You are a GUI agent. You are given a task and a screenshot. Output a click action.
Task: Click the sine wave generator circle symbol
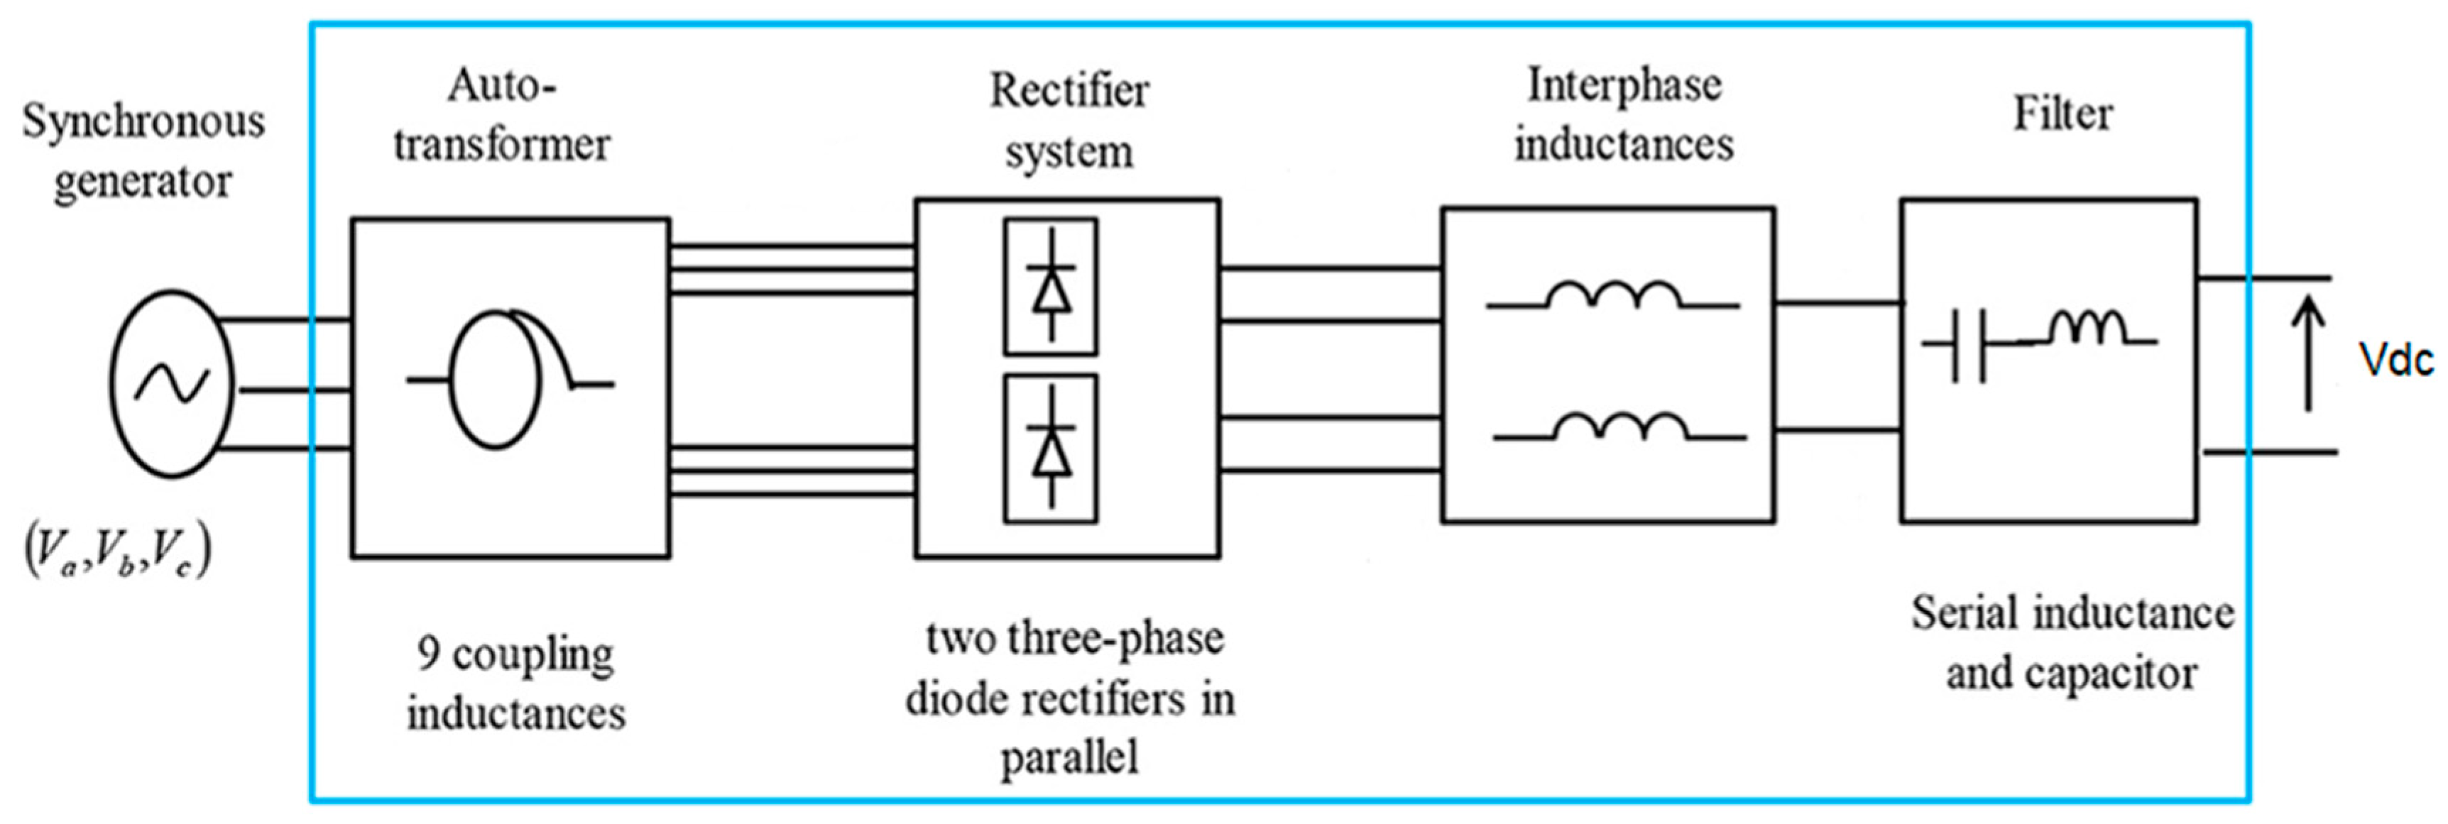(172, 384)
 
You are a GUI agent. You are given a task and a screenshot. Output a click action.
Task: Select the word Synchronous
(143, 121)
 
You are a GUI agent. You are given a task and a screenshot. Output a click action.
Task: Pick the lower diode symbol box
(1050, 449)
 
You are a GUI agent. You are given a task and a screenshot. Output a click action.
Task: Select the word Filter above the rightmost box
(2063, 115)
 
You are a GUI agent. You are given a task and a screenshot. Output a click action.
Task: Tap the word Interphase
(1624, 87)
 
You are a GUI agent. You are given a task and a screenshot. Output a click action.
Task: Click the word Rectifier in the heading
(1069, 92)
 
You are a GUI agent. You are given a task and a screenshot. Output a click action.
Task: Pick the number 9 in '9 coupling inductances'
(427, 653)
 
